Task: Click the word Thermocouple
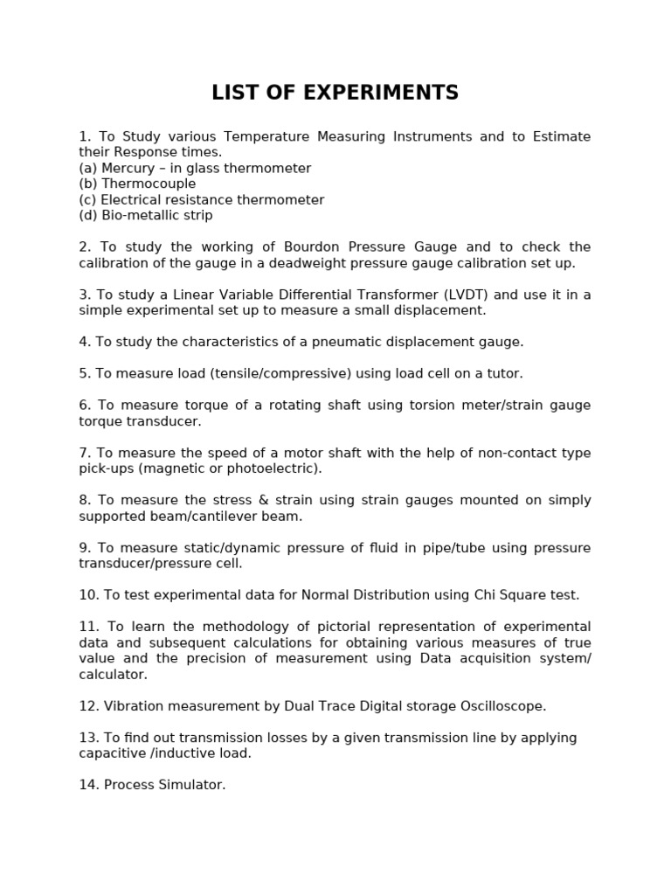click(x=149, y=184)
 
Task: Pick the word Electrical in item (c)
click(x=133, y=199)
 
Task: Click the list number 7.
click(x=85, y=453)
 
